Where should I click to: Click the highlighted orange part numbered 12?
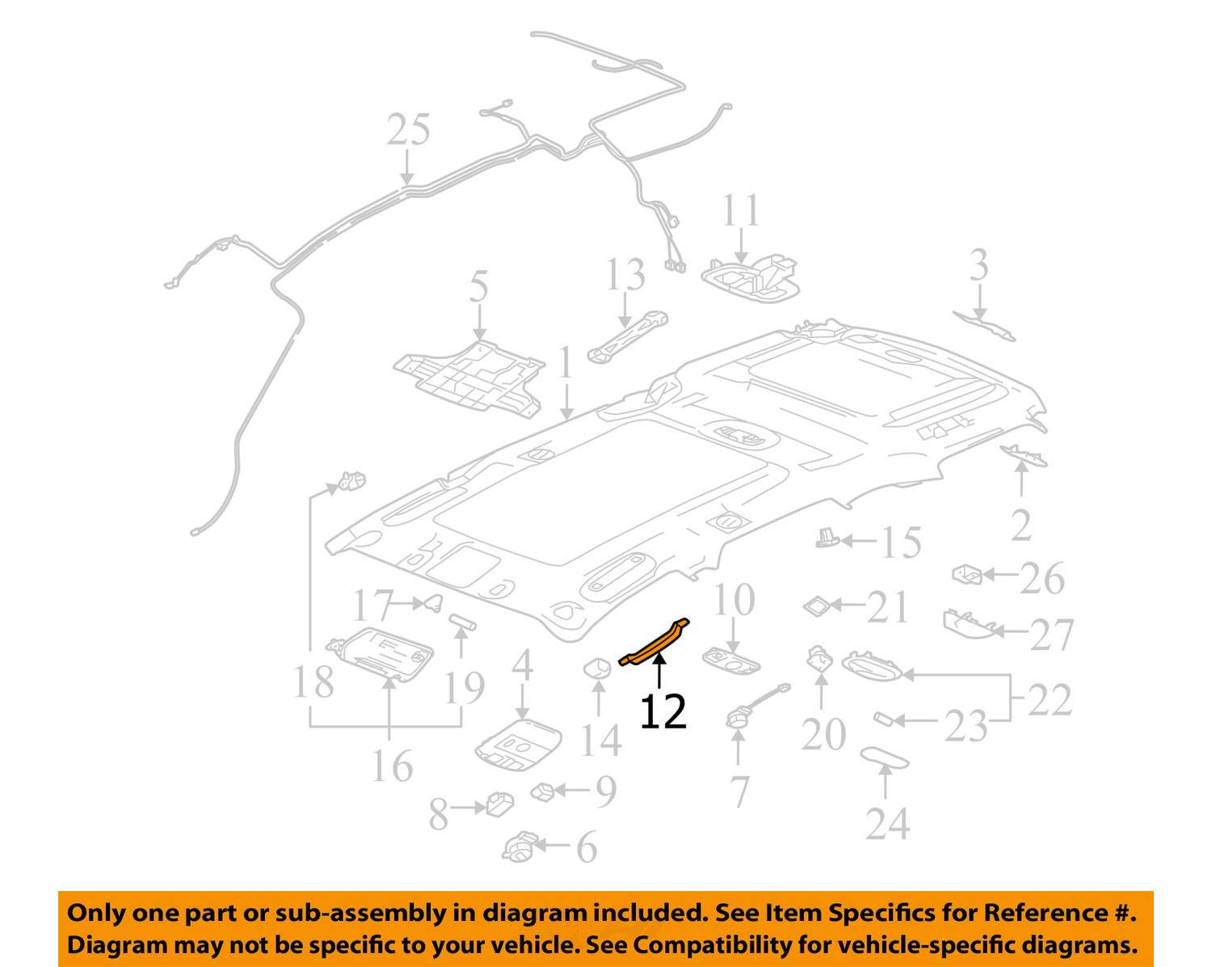pos(654,644)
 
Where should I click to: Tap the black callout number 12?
pos(663,712)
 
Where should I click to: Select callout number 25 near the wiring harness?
pos(408,129)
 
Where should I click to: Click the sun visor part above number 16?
pos(380,653)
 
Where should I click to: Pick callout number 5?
pos(478,286)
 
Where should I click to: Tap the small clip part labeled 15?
pos(827,538)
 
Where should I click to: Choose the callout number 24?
pos(888,825)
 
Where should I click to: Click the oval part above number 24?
pos(884,758)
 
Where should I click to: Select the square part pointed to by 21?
pos(817,606)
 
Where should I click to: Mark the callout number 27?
pos(1052,635)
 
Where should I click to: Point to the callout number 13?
pos(625,275)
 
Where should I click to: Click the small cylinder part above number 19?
pos(462,622)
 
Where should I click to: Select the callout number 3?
pos(978,265)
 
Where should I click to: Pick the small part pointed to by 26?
pos(967,575)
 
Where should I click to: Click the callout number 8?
pos(439,814)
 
